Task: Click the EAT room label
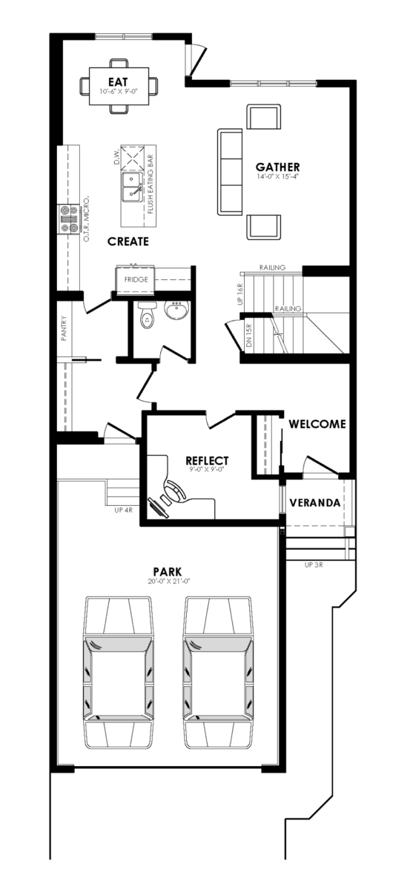119,81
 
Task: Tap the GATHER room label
278,167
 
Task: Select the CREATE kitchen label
128,242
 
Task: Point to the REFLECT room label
207,460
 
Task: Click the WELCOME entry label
317,424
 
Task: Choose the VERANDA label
314,503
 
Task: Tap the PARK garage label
168,572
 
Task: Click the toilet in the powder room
146,315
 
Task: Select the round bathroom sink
176,309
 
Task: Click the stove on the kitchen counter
69,219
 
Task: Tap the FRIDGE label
136,279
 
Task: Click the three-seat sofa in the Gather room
230,171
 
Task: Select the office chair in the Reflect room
175,491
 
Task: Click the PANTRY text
64,328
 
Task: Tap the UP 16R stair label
239,294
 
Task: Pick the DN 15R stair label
250,336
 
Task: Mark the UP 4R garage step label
123,510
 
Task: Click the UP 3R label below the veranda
314,565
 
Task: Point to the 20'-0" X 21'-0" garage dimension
168,582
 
